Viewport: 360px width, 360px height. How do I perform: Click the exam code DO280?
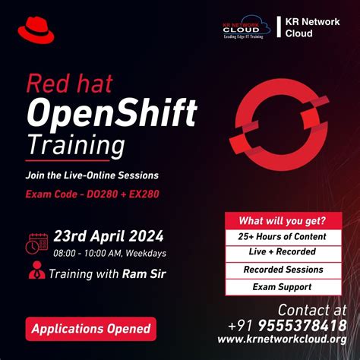coord(101,194)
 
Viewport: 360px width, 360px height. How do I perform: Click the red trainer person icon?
coord(36,271)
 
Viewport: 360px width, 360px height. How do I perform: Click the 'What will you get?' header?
coord(283,221)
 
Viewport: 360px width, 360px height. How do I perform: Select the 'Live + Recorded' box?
coord(283,253)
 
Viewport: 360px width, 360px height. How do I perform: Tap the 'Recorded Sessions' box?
coord(283,270)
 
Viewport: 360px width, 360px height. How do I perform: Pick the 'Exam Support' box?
coord(283,287)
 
